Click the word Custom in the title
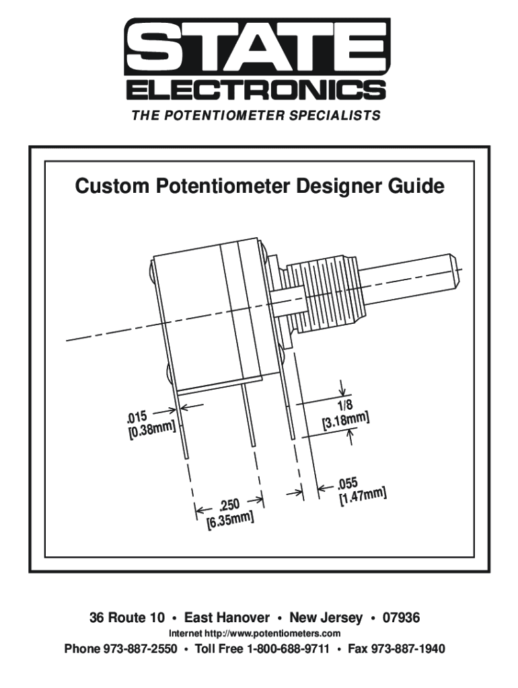(112, 186)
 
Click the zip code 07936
(401, 617)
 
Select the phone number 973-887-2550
(140, 648)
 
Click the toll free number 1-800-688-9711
(288, 648)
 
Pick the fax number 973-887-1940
(408, 648)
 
